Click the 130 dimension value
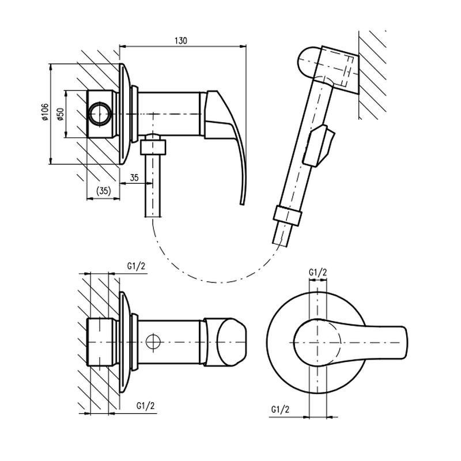click(181, 40)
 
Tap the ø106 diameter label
click(45, 112)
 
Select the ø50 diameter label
click(61, 114)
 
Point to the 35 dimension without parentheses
click(134, 177)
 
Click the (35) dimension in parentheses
click(104, 191)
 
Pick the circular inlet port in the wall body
click(100, 114)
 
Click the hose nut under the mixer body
click(153, 147)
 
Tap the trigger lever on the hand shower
click(319, 146)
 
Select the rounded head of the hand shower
click(308, 63)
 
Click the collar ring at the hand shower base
click(287, 216)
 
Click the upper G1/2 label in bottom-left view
click(136, 266)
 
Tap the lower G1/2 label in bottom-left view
click(145, 406)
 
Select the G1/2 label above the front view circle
click(318, 272)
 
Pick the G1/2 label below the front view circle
click(280, 409)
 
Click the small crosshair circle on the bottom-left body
click(153, 342)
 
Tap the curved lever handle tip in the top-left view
click(242, 203)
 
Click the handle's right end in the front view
click(406, 343)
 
